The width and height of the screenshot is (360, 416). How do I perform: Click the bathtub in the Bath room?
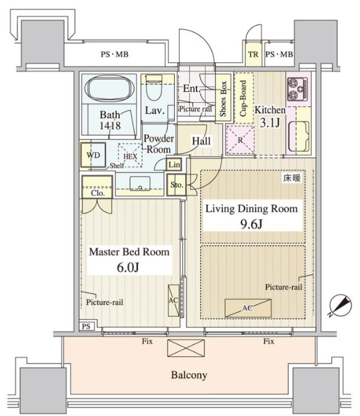coord(110,89)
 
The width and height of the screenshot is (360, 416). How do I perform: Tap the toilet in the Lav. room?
coord(154,88)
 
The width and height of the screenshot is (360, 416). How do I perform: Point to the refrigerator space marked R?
coord(240,140)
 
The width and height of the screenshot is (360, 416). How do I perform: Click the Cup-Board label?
coord(243,99)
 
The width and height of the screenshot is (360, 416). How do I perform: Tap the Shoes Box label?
coord(223,99)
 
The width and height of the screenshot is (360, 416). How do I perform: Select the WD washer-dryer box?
coord(93,155)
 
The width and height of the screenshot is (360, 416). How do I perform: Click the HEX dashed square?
coord(130,155)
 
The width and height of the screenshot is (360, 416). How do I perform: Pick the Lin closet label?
coord(174,164)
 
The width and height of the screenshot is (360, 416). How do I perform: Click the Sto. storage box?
coord(176,184)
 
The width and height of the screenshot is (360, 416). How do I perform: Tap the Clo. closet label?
coord(97,193)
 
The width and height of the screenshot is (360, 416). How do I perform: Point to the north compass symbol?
coord(341,306)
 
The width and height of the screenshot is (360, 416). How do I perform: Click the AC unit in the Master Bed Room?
coord(174,301)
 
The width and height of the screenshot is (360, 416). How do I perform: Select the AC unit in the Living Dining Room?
coord(248,308)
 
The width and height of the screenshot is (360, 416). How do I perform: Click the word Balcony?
coord(189,375)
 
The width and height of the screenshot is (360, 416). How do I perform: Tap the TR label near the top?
coord(254,54)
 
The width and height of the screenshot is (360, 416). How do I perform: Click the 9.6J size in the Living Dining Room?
coord(252,224)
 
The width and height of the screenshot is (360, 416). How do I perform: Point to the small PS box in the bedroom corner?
coord(87,326)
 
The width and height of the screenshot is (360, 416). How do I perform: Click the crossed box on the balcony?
coord(186,348)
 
